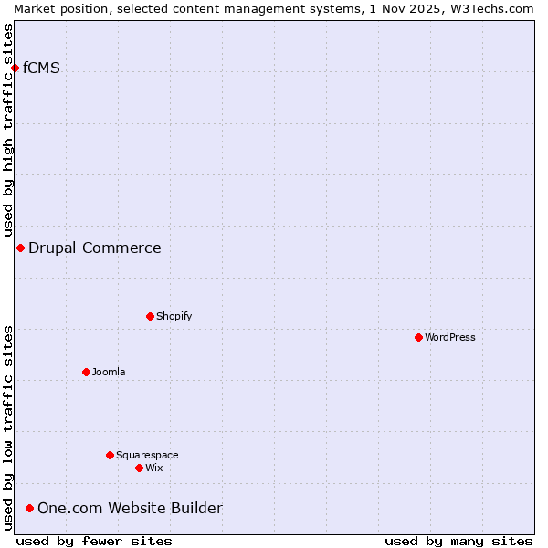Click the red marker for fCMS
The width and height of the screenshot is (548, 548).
[x=15, y=68]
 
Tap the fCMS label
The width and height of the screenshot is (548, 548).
[x=41, y=68]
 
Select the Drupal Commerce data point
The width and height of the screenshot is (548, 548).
[x=20, y=248]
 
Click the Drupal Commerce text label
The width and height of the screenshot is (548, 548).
[x=94, y=248]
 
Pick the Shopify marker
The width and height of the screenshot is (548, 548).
[x=150, y=316]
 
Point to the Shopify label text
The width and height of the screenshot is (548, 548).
[x=174, y=316]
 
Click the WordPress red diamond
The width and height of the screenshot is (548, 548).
[x=418, y=337]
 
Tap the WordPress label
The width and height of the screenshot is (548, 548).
[x=449, y=337]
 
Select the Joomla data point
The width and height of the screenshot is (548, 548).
[x=86, y=372]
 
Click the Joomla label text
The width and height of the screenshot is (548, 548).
[x=109, y=372]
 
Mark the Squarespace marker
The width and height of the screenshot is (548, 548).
[x=110, y=455]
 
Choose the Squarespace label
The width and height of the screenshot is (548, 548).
[x=147, y=455]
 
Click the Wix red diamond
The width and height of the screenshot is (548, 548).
[x=139, y=468]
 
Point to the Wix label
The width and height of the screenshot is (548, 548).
[x=153, y=468]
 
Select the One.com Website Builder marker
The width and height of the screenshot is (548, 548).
[x=29, y=508]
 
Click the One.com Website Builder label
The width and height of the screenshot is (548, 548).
[x=130, y=508]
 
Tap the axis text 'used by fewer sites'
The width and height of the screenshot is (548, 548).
[x=94, y=541]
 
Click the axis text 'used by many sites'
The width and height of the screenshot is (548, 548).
[x=458, y=541]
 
